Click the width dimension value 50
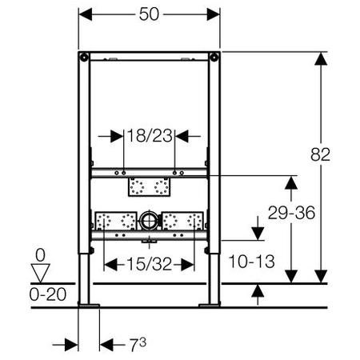(x=150, y=15)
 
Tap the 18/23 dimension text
(x=150, y=137)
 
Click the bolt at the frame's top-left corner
(x=84, y=57)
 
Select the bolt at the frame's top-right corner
(x=214, y=57)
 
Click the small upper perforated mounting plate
(x=149, y=187)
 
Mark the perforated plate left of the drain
(x=114, y=220)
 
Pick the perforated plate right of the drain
(x=182, y=220)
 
